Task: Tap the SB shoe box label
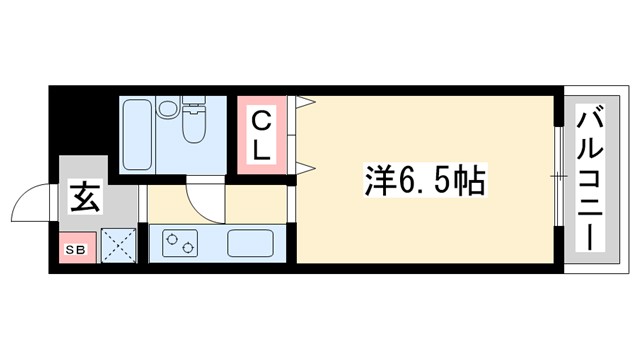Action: pyautogui.click(x=74, y=249)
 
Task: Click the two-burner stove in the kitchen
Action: pyautogui.click(x=181, y=243)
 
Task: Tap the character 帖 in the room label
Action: pyautogui.click(x=469, y=181)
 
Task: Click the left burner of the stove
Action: pyautogui.click(x=172, y=242)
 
